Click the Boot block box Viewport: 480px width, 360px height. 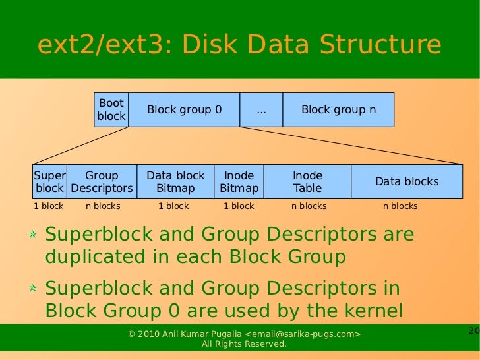(111, 109)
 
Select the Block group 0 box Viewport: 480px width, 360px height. (184, 109)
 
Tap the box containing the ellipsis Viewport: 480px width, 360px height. (261, 109)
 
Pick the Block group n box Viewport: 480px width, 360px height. (338, 109)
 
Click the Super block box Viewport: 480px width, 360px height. (49, 182)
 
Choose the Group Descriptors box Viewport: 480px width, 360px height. (102, 182)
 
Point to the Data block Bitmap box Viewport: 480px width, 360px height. (175, 182)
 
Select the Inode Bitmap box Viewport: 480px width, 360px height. (239, 182)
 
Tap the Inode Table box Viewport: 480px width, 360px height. (307, 182)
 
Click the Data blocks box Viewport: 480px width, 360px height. (406, 182)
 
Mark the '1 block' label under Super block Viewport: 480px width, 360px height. (49, 206)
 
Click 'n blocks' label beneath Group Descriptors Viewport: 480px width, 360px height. (103, 206)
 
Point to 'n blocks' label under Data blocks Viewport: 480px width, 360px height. (400, 206)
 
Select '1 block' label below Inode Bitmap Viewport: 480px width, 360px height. (239, 206)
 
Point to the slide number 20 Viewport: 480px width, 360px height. (473, 330)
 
